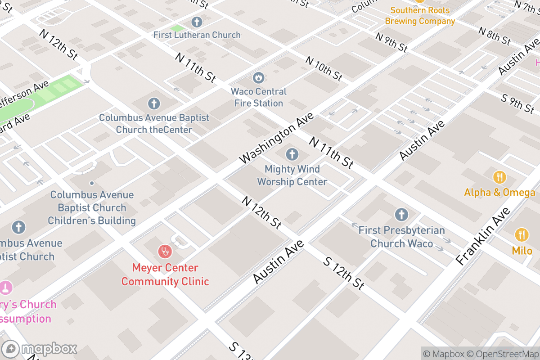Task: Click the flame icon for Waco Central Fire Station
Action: click(258, 78)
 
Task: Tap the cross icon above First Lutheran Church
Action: click(197, 22)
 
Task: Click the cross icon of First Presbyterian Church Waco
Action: click(401, 215)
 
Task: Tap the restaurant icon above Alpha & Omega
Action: click(499, 177)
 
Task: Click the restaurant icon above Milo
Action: click(522, 235)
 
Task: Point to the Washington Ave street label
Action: click(276, 138)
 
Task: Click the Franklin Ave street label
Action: click(483, 236)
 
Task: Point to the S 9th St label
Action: click(518, 103)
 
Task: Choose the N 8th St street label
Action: click(495, 36)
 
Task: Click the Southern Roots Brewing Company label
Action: click(420, 16)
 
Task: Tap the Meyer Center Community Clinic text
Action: click(165, 274)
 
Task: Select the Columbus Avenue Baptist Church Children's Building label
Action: click(92, 207)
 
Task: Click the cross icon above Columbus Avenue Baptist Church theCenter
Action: click(154, 104)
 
